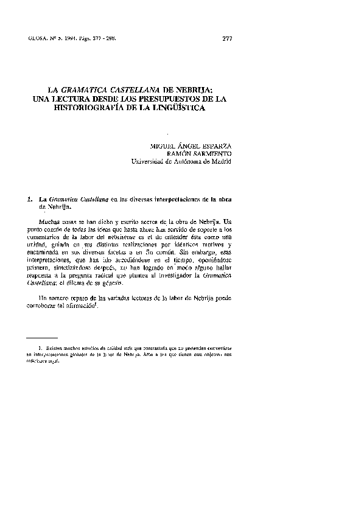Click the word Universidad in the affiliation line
click(x=151, y=162)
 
